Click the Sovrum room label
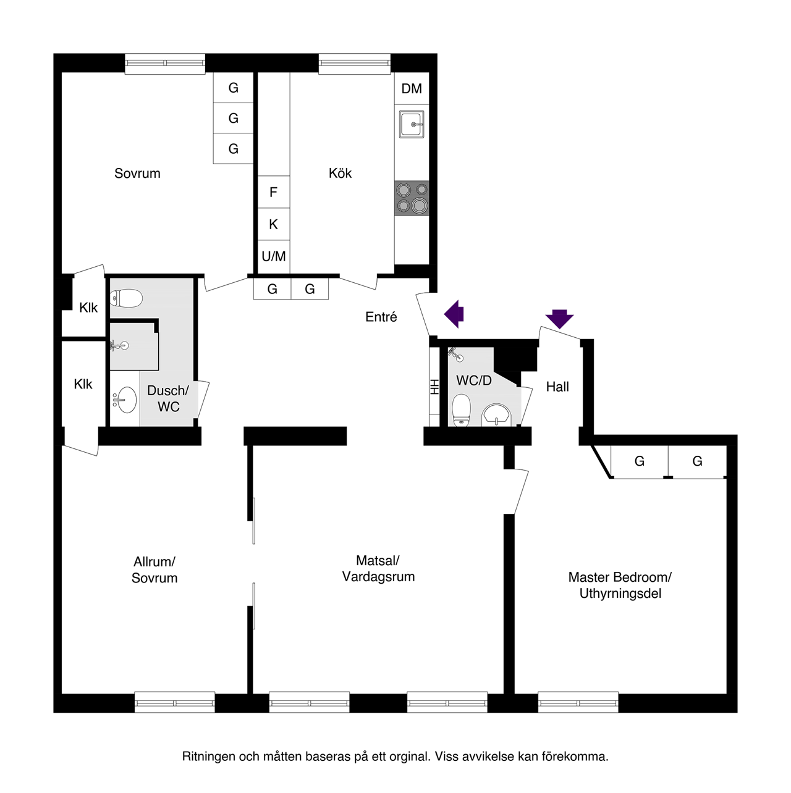coord(137,174)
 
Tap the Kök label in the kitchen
coord(340,174)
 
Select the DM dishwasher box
coord(412,89)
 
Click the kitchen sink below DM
coord(412,124)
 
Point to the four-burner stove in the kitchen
coord(412,198)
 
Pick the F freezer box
coord(273,193)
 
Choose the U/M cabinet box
coord(273,256)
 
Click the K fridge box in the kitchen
coord(273,225)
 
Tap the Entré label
coord(381,317)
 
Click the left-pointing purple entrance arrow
coord(454,313)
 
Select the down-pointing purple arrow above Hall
coord(559,318)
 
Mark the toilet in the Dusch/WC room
coord(127,299)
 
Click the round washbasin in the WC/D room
coord(496,415)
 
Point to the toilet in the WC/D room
coord(461,410)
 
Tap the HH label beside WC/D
coord(434,387)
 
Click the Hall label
coord(557,387)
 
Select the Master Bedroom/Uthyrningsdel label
coord(620,585)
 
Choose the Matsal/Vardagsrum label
coord(378,569)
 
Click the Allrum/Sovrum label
coord(154,570)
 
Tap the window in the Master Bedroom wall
coord(578,702)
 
